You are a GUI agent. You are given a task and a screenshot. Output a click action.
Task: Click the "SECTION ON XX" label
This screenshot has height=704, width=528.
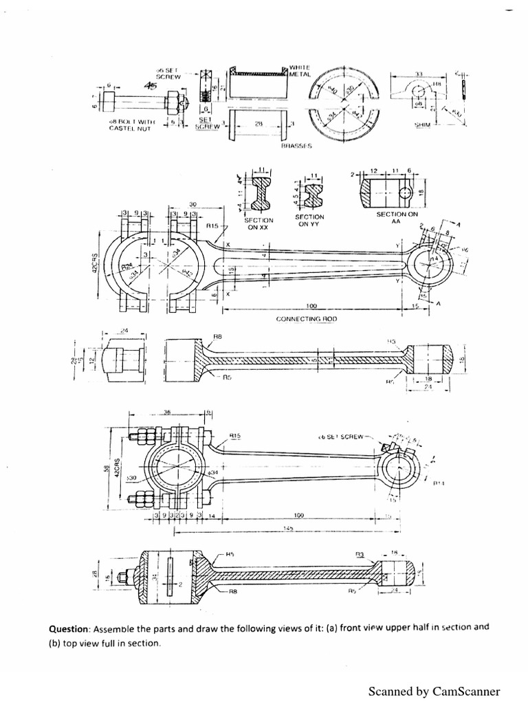tap(259, 223)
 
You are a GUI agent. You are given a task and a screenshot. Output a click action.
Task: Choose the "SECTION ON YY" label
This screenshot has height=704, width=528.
tap(312, 220)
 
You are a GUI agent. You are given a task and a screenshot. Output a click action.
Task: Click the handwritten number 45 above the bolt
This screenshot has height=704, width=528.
tap(150, 86)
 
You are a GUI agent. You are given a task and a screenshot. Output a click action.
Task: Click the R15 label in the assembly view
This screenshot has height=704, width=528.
tap(234, 435)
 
